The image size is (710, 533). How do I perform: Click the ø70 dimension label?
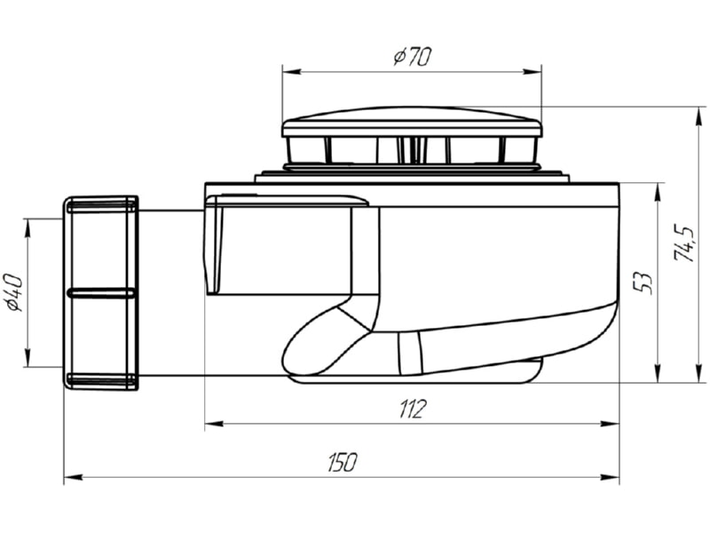coord(413,57)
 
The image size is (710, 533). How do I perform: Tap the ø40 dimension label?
coord(14,293)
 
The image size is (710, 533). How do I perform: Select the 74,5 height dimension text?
coord(683,243)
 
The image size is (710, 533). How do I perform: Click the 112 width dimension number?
coord(412,409)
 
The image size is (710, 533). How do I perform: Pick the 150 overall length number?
coord(343,462)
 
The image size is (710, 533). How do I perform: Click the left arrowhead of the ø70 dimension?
coord(292,72)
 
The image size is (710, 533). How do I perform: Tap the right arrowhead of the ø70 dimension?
coord(532,72)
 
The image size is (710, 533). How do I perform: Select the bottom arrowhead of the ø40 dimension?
coord(28,357)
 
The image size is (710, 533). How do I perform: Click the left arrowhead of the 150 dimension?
coord(74,477)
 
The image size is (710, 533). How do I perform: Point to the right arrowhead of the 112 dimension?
coord(609,424)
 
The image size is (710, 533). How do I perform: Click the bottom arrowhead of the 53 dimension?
coord(657,372)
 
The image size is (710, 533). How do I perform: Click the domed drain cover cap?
coord(412,123)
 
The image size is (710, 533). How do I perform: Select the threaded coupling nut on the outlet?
coord(100,293)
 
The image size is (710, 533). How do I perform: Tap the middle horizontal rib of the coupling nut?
coord(101,293)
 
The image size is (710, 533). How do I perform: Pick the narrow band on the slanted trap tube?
coord(410,354)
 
